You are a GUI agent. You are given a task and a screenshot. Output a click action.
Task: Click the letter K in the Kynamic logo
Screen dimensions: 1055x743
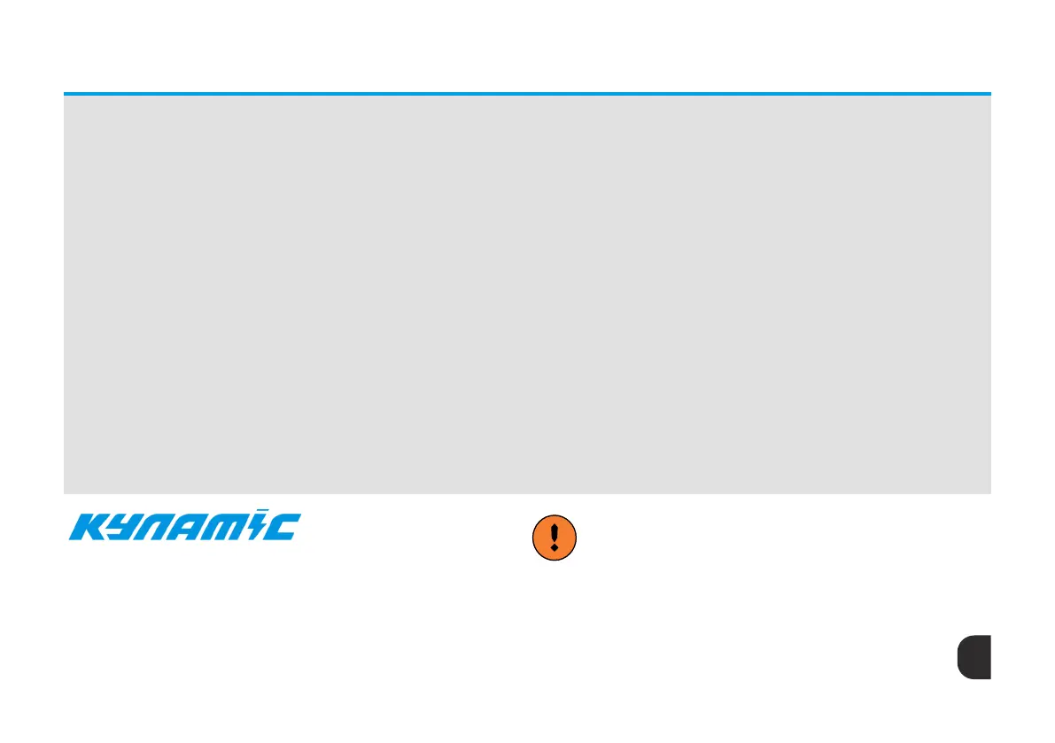[x=88, y=527]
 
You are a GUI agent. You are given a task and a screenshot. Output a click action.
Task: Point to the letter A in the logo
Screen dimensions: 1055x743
[x=194, y=528]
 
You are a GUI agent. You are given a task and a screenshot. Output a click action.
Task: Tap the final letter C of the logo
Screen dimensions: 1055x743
[x=285, y=528]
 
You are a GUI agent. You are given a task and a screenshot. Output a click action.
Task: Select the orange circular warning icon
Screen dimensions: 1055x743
[x=555, y=538]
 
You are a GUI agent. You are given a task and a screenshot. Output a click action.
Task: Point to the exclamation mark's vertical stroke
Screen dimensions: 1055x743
[x=555, y=532]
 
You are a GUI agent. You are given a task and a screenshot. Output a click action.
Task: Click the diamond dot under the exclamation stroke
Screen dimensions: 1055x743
[x=555, y=548]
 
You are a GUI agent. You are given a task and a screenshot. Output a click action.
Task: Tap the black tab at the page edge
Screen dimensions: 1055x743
[x=974, y=657]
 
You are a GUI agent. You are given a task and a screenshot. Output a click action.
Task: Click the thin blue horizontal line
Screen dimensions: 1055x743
[x=527, y=93]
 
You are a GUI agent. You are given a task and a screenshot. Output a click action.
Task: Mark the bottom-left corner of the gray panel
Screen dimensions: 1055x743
[x=65, y=492]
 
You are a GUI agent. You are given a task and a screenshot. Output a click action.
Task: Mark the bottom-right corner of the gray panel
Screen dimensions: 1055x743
[x=989, y=492]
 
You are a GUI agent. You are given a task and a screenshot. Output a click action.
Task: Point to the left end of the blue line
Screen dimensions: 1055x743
[x=65, y=93]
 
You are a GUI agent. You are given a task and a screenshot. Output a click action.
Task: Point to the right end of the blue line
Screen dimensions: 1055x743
[x=989, y=93]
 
